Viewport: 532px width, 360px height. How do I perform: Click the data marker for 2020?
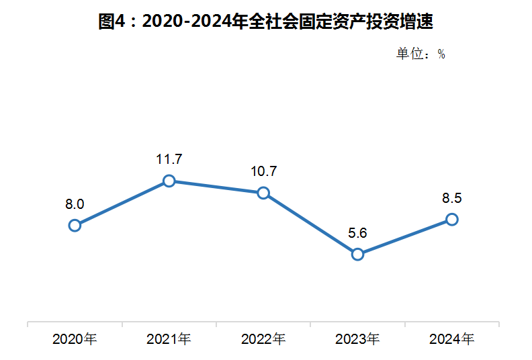[x=75, y=225]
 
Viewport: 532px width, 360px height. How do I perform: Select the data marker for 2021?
[x=169, y=181]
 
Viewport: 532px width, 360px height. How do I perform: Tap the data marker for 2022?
[x=263, y=193]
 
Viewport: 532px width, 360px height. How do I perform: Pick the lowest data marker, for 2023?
[x=358, y=254]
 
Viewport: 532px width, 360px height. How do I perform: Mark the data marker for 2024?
[x=452, y=219]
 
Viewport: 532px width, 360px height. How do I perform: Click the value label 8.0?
[x=75, y=204]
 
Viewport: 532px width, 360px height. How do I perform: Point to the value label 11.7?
[x=169, y=160]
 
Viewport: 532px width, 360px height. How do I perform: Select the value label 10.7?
[x=263, y=172]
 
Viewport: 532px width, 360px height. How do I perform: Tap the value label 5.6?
[x=358, y=233]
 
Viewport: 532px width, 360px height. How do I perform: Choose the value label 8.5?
[x=452, y=198]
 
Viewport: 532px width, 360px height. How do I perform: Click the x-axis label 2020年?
[x=75, y=339]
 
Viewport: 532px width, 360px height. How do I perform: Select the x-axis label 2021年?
[x=169, y=339]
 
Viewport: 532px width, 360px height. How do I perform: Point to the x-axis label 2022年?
[x=263, y=339]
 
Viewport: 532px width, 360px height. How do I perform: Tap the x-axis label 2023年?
[x=358, y=339]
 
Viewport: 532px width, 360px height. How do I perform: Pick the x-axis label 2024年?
[x=452, y=339]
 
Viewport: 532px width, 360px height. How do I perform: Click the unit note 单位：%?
[x=420, y=54]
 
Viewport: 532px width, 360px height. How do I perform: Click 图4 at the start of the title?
[x=112, y=22]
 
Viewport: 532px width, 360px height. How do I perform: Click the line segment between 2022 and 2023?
[x=310, y=223]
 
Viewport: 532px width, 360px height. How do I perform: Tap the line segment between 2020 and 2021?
[x=122, y=203]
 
